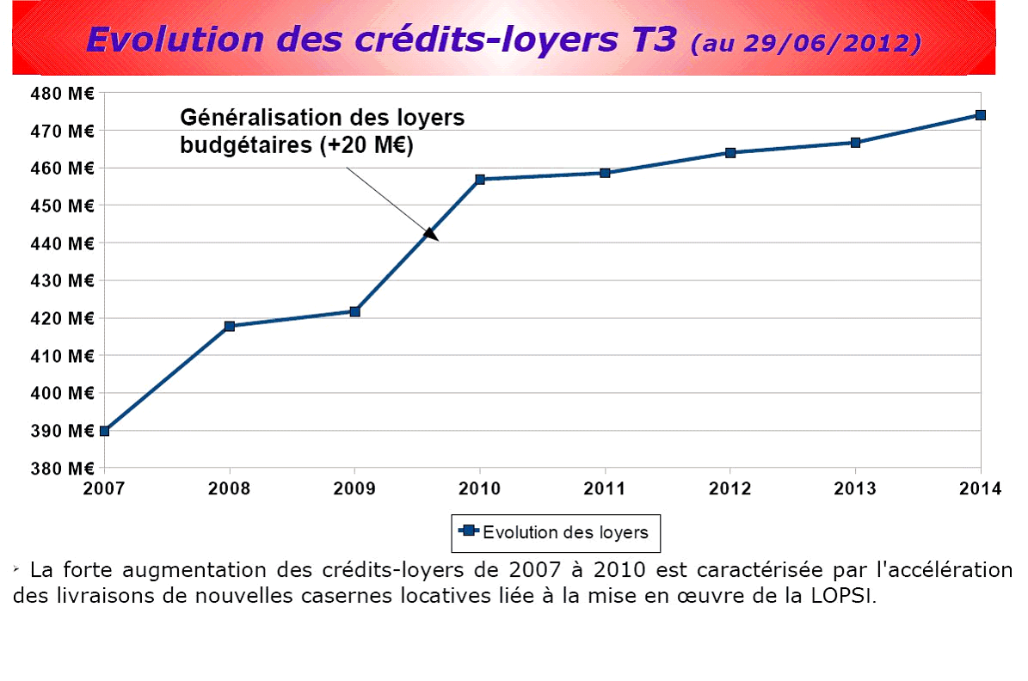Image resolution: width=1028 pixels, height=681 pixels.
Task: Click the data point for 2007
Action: pos(104,431)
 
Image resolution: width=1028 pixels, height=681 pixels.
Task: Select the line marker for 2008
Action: pos(230,326)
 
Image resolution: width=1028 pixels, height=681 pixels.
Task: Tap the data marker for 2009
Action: pos(354,311)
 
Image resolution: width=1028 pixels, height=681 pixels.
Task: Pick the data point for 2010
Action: pos(480,180)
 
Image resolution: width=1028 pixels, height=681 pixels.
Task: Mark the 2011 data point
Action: pos(605,173)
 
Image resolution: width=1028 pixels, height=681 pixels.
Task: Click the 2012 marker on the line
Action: pos(730,153)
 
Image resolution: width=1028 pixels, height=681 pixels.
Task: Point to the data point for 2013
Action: pos(855,143)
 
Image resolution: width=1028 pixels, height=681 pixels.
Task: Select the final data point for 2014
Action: pos(980,115)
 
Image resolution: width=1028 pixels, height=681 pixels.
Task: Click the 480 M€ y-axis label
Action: pos(63,93)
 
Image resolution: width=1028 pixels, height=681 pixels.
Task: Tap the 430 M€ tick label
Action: pos(63,280)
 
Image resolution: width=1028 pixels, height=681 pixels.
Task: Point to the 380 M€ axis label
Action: pos(63,469)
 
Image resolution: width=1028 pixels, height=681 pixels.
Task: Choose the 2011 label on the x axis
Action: pos(605,489)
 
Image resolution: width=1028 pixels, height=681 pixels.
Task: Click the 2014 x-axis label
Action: pos(981,489)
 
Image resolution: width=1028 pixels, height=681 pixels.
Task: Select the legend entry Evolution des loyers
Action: pos(556,532)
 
